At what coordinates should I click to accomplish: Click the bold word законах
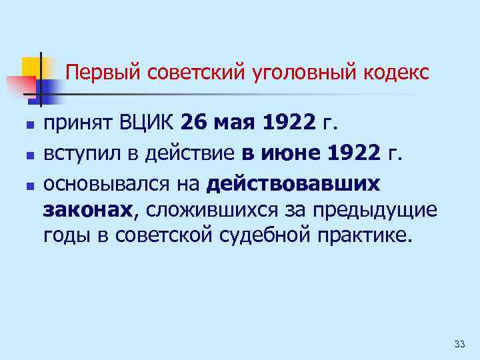pyautogui.click(x=88, y=211)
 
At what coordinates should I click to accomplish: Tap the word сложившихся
pyautogui.click(x=215, y=211)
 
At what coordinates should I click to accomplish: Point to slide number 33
pyautogui.click(x=459, y=344)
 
